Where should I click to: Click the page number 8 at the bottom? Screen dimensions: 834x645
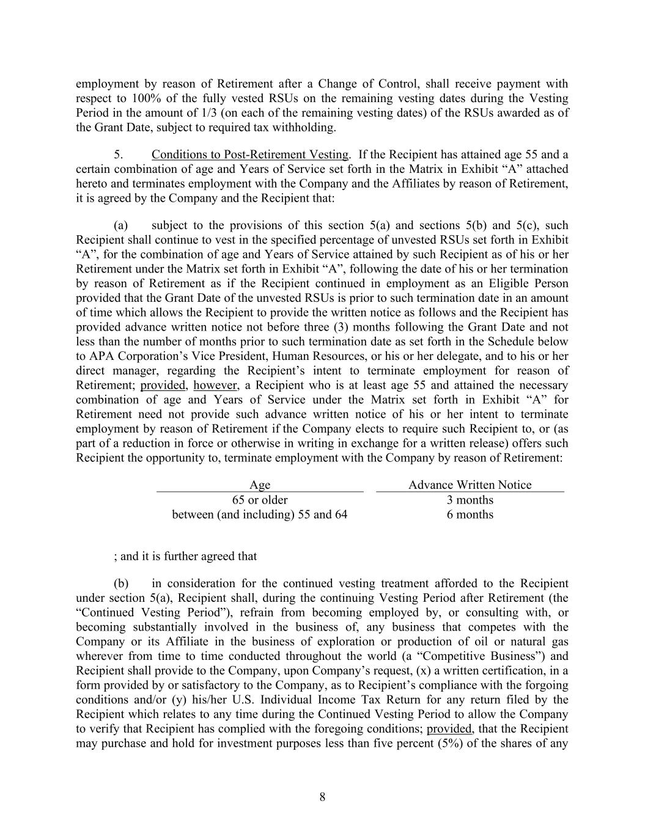pyautogui.click(x=322, y=797)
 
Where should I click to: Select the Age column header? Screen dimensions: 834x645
pyautogui.click(x=260, y=485)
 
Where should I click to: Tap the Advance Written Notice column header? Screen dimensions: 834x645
pyautogui.click(x=470, y=485)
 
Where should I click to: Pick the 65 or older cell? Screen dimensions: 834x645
pyautogui.click(x=260, y=500)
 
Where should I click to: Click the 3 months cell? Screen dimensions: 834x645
pyautogui.click(x=470, y=500)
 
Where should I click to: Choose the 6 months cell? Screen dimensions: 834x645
pyautogui.click(x=470, y=514)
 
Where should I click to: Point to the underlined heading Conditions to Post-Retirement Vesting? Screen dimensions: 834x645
pyautogui.click(x=250, y=155)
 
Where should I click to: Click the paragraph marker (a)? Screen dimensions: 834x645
pyautogui.click(x=121, y=225)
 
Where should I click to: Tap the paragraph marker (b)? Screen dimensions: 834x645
pyautogui.click(x=121, y=583)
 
